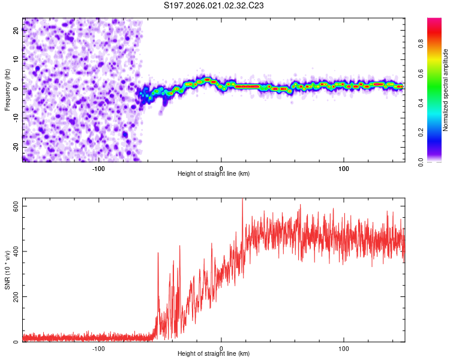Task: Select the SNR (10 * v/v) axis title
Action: [x=7, y=270]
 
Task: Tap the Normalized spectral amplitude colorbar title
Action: [x=445, y=90]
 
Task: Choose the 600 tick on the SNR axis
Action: [x=16, y=206]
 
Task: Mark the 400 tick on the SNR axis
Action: [x=16, y=251]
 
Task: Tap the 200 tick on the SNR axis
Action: [x=16, y=296]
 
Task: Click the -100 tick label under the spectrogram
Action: [x=98, y=167]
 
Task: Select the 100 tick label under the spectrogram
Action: [x=344, y=167]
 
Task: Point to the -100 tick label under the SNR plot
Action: [x=98, y=348]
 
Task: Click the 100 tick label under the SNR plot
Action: [x=344, y=348]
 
